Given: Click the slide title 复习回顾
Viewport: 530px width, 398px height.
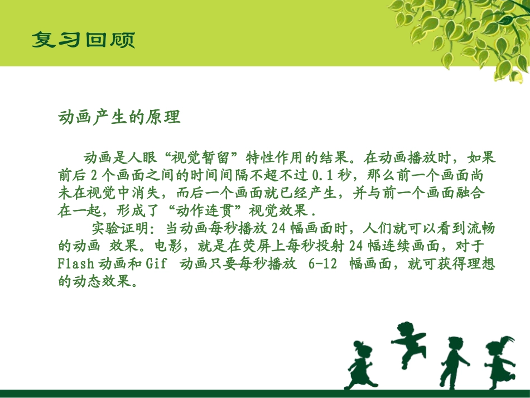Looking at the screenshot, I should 83,40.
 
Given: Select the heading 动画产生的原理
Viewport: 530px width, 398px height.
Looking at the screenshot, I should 119,118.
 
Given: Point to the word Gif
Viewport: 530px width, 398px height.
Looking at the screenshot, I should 156,263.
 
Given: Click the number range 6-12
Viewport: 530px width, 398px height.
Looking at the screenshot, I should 322,263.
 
